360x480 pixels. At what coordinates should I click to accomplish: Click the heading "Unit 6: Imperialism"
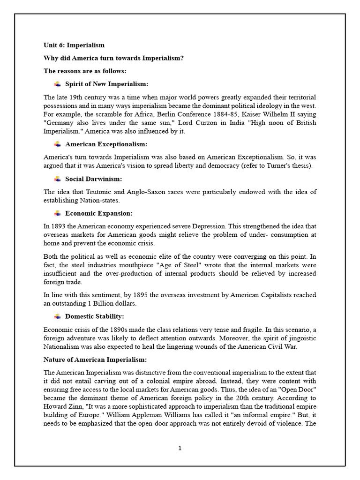pyautogui.click(x=74, y=45)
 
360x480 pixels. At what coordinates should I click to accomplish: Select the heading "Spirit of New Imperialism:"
pyautogui.click(x=106, y=84)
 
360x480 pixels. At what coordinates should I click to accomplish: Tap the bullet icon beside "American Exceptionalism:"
pyautogui.click(x=57, y=144)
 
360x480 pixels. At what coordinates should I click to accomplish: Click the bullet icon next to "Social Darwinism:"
pyautogui.click(x=57, y=179)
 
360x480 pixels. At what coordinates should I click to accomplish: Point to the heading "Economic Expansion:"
pyautogui.click(x=99, y=213)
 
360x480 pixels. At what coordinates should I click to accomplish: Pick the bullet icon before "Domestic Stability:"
pyautogui.click(x=57, y=316)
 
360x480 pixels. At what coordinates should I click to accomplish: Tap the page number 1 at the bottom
pyautogui.click(x=180, y=448)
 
